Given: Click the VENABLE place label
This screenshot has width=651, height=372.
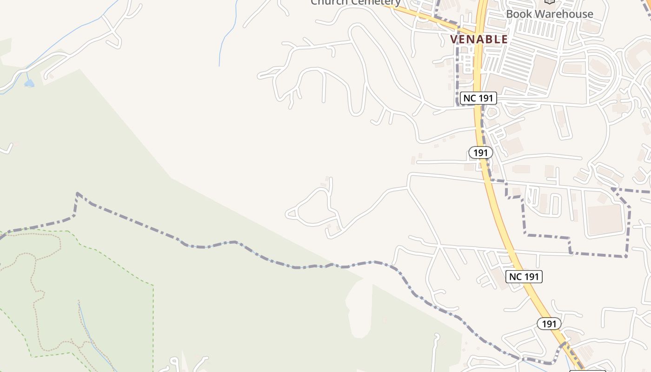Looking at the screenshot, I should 479,39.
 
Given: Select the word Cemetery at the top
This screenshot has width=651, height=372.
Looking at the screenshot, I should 376,2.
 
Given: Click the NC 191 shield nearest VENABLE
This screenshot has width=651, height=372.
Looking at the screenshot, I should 478,98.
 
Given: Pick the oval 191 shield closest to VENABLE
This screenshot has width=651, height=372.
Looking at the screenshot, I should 480,153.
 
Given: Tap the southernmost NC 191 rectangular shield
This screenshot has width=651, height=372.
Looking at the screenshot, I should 524,277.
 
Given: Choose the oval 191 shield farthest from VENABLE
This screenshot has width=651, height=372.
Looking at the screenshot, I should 549,324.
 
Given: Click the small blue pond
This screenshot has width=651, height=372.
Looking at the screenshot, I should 29,83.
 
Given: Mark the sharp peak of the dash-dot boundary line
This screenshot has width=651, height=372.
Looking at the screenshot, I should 77,193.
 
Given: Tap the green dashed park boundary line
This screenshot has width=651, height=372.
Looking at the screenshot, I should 153,316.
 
